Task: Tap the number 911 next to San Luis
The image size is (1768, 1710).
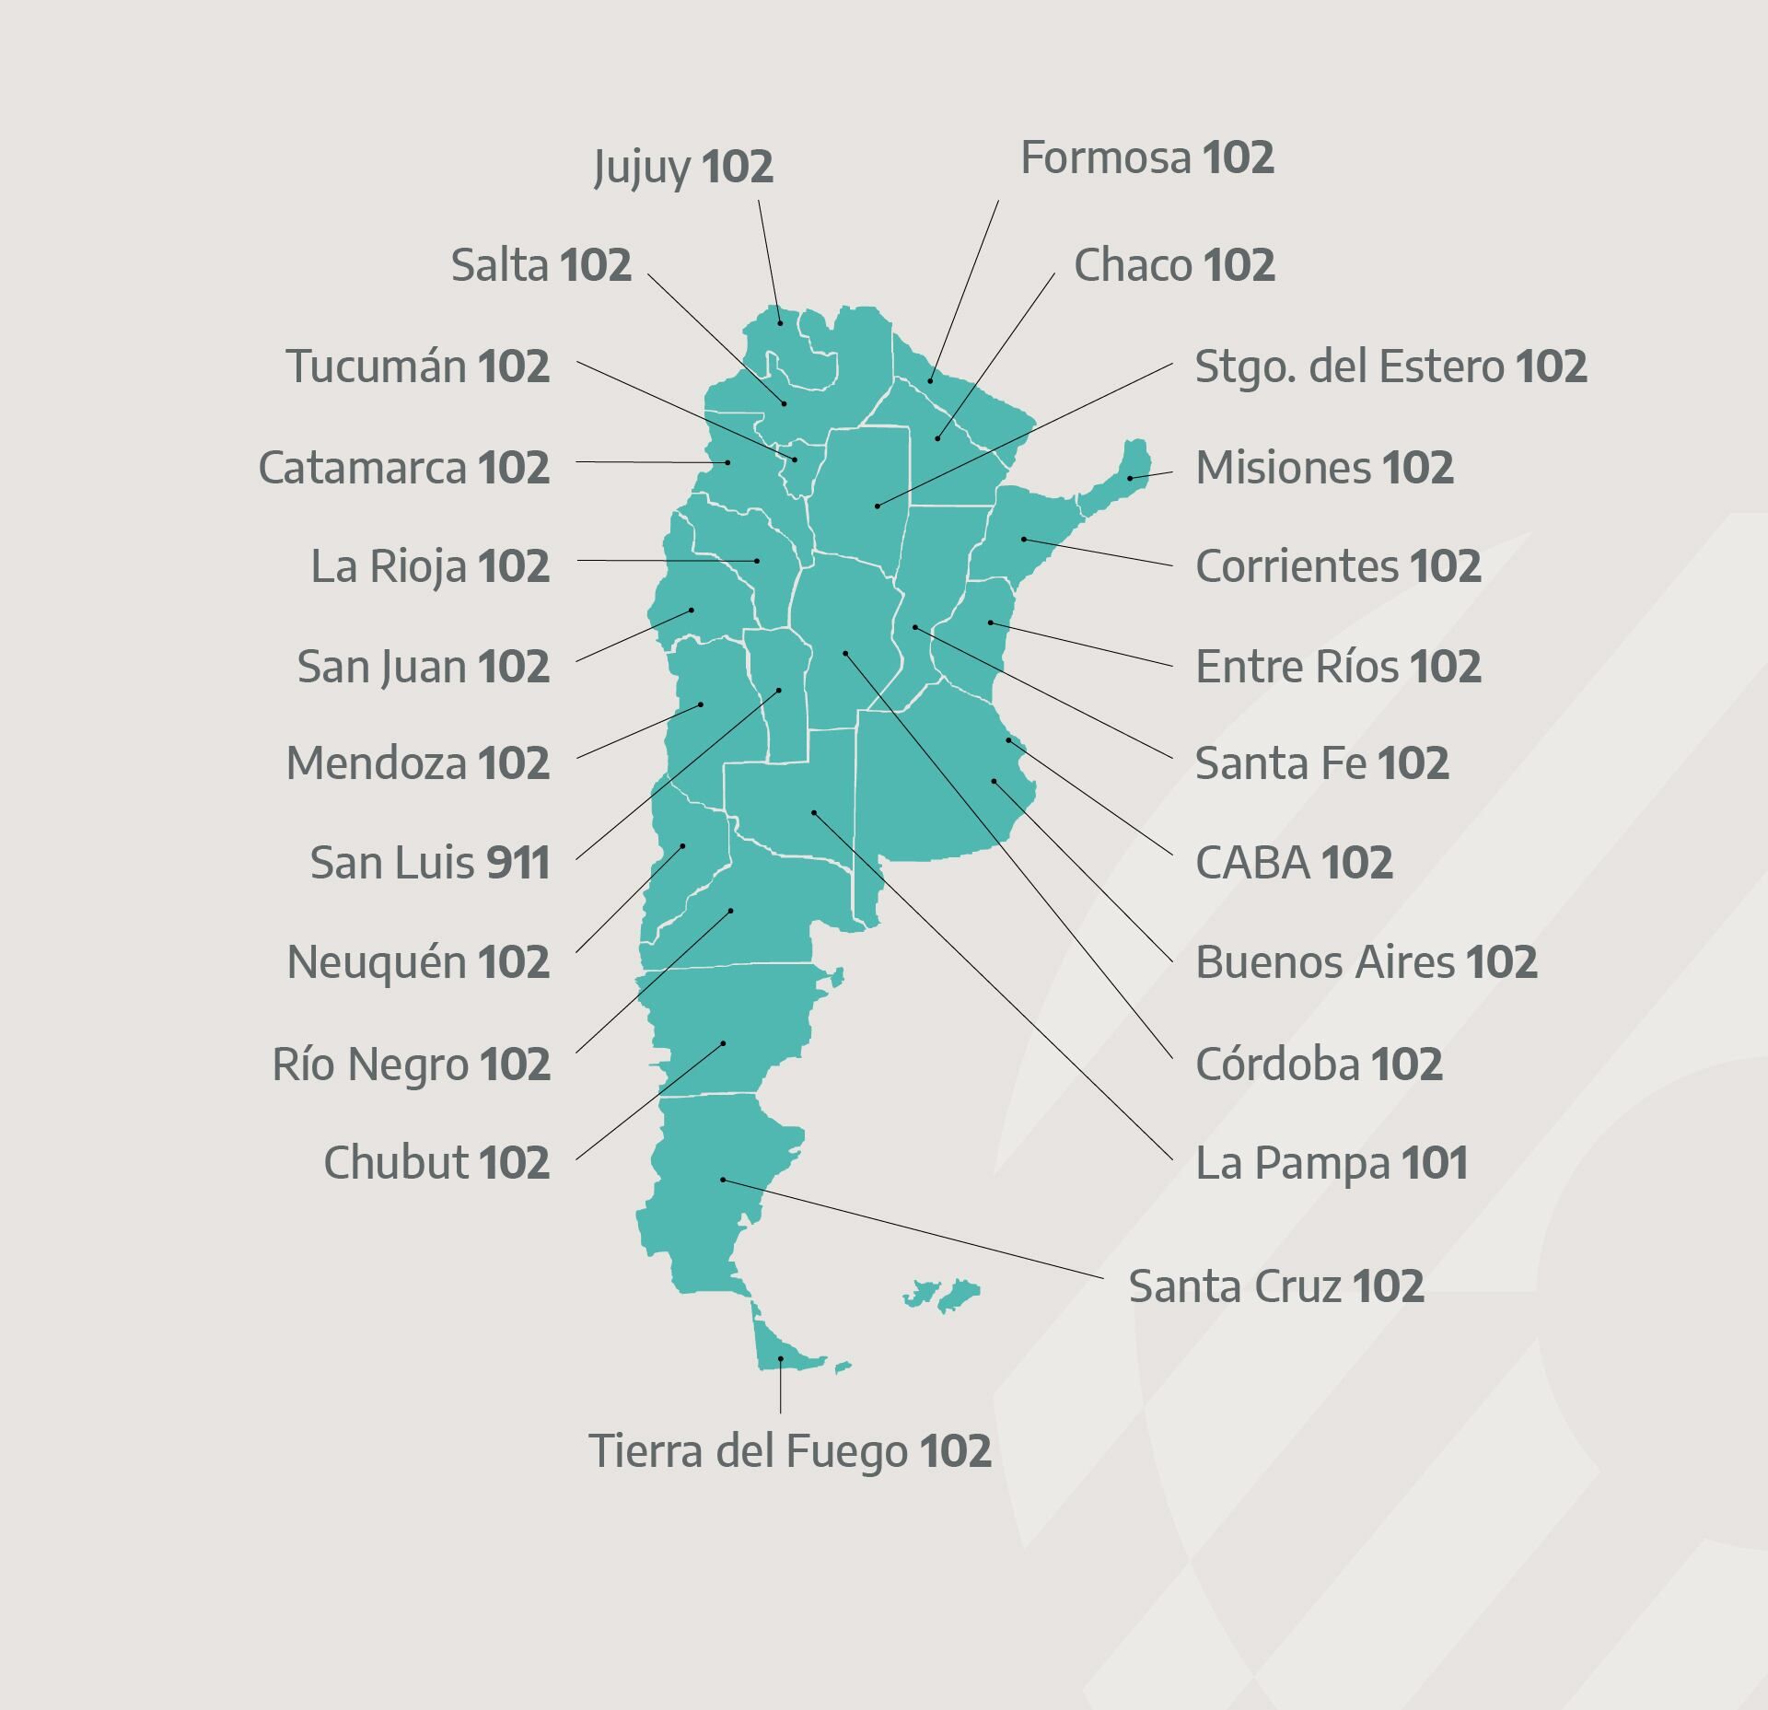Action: [x=518, y=863]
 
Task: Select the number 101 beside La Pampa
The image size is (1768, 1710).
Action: [x=1434, y=1163]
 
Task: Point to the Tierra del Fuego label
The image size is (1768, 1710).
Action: [x=789, y=1450]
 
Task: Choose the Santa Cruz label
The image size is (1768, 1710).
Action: [x=1275, y=1285]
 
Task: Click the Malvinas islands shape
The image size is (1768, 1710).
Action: [x=944, y=1294]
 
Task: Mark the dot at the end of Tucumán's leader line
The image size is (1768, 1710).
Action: [x=796, y=459]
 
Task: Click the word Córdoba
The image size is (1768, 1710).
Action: [x=1277, y=1064]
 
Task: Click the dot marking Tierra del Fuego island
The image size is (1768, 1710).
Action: [x=781, y=1358]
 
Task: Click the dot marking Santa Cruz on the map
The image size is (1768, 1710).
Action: [x=723, y=1180]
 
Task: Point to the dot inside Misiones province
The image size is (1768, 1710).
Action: [x=1130, y=478]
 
